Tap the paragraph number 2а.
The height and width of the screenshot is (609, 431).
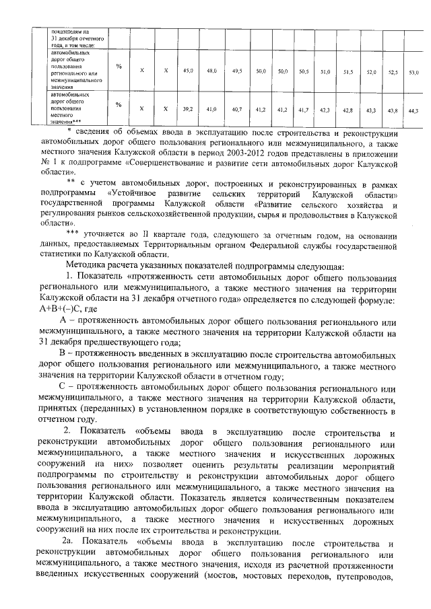click(x=69, y=542)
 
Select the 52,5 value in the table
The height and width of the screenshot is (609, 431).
click(x=393, y=71)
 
